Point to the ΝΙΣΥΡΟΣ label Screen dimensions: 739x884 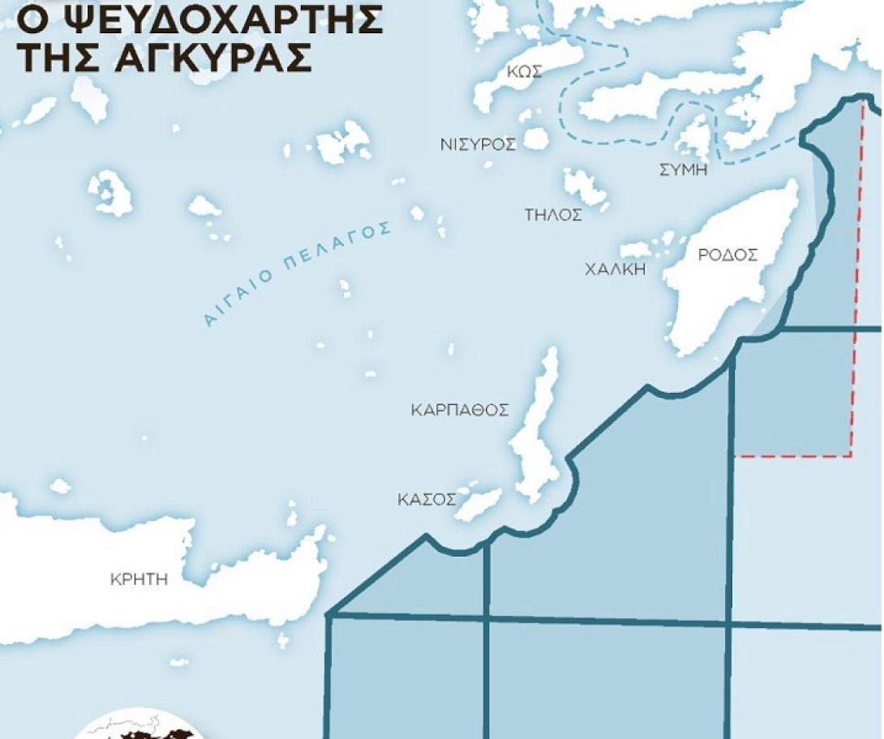point(478,145)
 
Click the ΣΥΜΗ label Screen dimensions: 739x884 point(684,170)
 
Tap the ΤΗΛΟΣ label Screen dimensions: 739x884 point(553,215)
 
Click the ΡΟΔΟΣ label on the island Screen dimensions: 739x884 point(727,255)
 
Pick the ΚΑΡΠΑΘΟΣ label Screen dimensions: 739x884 point(460,410)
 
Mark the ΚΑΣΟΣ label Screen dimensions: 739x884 point(426,499)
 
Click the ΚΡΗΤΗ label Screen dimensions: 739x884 point(138,579)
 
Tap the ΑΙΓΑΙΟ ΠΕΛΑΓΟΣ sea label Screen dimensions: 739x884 point(297,273)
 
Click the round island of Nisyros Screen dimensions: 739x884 point(535,139)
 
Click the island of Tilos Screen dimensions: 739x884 point(586,188)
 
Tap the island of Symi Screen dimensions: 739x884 point(694,136)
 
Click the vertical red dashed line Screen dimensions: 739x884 point(856,284)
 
